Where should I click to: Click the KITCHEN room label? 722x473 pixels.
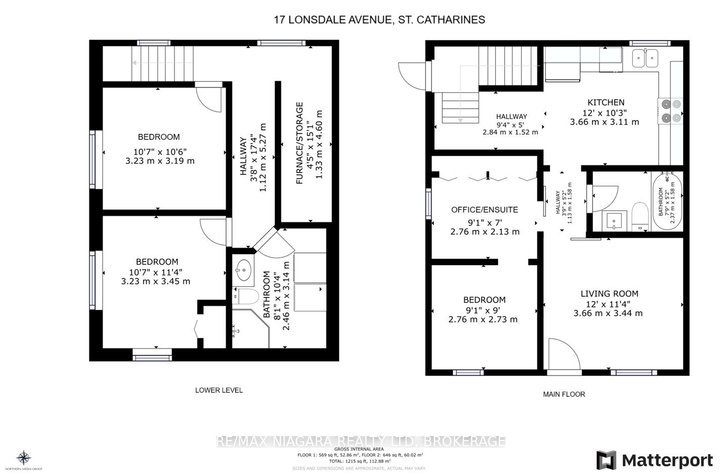(x=606, y=102)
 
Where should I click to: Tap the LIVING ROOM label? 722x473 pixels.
(x=609, y=293)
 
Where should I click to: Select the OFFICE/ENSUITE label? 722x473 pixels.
(x=484, y=209)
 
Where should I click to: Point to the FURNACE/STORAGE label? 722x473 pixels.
(x=300, y=143)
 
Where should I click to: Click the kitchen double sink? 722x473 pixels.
(x=645, y=58)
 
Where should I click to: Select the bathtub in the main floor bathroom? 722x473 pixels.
(x=668, y=201)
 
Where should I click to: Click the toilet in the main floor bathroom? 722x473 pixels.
(x=640, y=217)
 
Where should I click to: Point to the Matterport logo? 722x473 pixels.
(x=655, y=460)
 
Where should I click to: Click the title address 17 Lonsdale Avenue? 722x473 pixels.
(x=379, y=20)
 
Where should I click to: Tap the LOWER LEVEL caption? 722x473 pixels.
(x=219, y=390)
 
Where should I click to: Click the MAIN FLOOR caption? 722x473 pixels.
(x=564, y=394)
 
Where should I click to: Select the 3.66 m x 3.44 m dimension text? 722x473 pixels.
(x=608, y=313)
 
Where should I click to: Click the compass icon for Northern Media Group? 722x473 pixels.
(x=24, y=458)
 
